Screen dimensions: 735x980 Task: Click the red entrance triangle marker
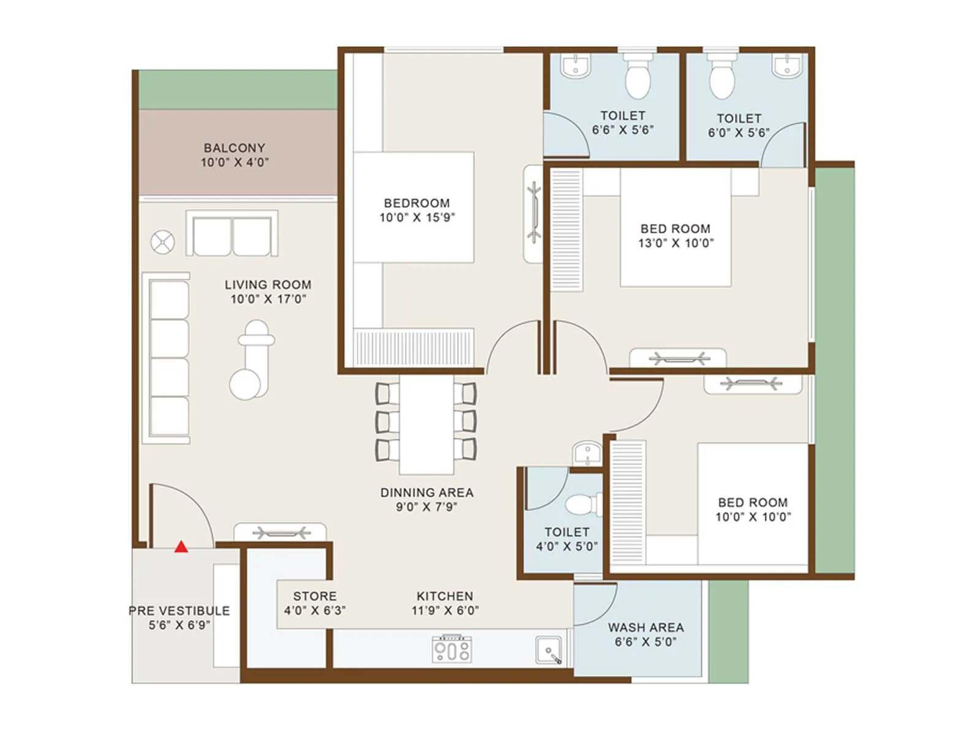pyautogui.click(x=181, y=546)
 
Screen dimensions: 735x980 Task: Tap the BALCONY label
pyautogui.click(x=235, y=148)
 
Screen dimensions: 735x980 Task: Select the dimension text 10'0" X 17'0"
pyautogui.click(x=268, y=299)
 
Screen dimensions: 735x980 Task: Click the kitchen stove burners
pyautogui.click(x=452, y=649)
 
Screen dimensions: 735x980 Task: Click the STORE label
pyautogui.click(x=314, y=596)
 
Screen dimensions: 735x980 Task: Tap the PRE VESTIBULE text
pyautogui.click(x=179, y=611)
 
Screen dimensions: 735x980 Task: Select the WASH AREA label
pyautogui.click(x=646, y=627)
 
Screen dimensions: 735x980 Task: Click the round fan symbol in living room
pyautogui.click(x=163, y=242)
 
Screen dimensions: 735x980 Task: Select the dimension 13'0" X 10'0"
pyautogui.click(x=676, y=243)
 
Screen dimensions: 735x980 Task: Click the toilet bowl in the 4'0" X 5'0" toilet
pyautogui.click(x=579, y=505)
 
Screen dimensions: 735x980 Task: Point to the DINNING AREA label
pyautogui.click(x=426, y=492)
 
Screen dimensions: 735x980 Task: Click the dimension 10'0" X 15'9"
pyautogui.click(x=417, y=217)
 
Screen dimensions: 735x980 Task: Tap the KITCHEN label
pyautogui.click(x=445, y=596)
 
